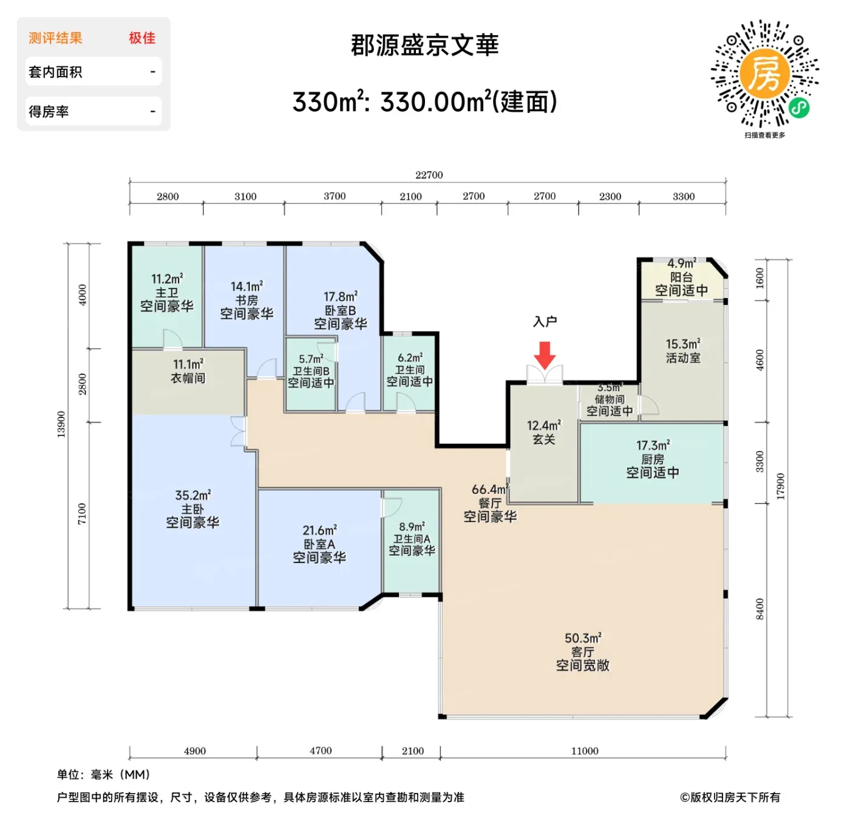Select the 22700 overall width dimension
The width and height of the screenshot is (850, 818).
(x=429, y=175)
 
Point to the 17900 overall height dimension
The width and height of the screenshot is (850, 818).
(x=781, y=486)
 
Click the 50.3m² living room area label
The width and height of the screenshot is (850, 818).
(x=582, y=638)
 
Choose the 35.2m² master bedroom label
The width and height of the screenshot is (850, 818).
(x=192, y=496)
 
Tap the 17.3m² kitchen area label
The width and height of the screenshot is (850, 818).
(x=653, y=446)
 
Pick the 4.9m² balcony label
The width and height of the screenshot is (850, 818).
(x=681, y=264)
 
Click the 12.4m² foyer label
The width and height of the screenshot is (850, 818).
(x=543, y=426)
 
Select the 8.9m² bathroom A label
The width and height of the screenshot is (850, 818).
(x=412, y=527)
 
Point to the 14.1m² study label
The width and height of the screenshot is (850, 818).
(x=246, y=287)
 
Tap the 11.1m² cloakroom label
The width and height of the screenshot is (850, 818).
(x=188, y=364)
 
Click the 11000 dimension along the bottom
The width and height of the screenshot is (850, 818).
(x=585, y=751)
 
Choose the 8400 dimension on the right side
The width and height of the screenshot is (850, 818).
(x=760, y=609)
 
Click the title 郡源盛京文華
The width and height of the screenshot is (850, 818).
(x=424, y=46)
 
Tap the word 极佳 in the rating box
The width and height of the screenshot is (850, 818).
(x=142, y=38)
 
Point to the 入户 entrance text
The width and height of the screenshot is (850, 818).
(x=545, y=322)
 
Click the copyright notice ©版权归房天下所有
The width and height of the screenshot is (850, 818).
(x=730, y=797)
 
